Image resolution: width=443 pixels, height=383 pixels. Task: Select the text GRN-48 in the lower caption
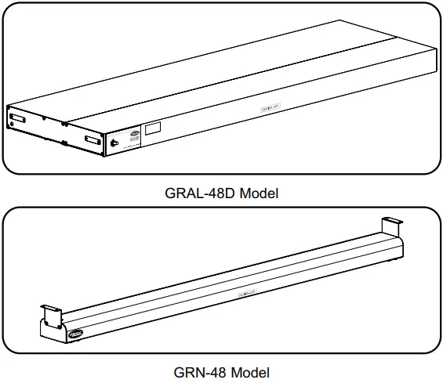tap(201, 372)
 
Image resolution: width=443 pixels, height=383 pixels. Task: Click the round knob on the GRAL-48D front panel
tap(115, 143)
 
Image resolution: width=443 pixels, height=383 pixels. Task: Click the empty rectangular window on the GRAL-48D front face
tap(153, 127)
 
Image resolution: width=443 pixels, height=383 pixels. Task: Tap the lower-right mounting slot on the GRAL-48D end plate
tap(91, 141)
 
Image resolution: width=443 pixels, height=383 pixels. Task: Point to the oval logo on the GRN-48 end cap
tap(76, 334)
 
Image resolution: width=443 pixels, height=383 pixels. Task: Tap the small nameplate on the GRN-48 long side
tap(249, 293)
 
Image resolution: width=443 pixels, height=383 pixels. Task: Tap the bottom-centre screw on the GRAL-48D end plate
tap(63, 142)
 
